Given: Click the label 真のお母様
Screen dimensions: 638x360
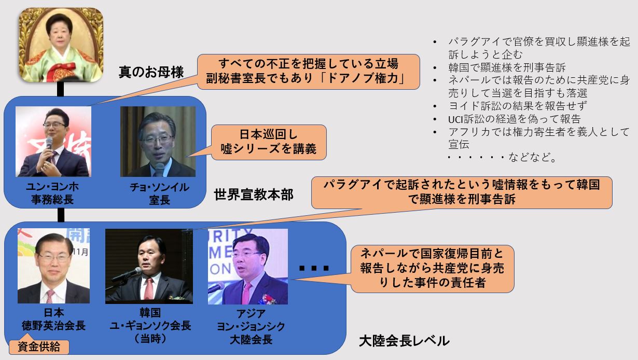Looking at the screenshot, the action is click(x=151, y=72).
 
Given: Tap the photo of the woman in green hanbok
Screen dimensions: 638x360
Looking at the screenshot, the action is click(x=61, y=45).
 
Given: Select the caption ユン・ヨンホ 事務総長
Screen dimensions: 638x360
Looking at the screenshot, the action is click(x=52, y=193).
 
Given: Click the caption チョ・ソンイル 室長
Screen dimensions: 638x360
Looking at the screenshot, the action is click(x=159, y=193).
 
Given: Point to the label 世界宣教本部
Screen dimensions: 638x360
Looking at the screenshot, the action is click(x=254, y=195).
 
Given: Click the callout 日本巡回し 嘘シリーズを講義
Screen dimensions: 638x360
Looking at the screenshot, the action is click(x=269, y=142).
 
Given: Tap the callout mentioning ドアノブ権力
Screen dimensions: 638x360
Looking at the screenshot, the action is click(x=309, y=72).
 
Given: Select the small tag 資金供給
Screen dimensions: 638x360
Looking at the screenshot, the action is click(x=39, y=347).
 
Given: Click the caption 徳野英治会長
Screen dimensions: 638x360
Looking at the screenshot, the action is click(x=53, y=326).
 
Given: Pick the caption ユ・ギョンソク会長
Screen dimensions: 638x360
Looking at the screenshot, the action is click(x=150, y=326).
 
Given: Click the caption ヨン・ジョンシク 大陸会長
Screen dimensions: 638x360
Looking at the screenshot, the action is click(x=251, y=333).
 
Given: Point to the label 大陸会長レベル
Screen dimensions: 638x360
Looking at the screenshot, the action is click(x=404, y=341).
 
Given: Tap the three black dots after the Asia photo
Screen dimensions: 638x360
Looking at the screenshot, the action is click(x=314, y=268).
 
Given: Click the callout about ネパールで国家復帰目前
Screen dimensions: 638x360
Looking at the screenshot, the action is click(x=432, y=269).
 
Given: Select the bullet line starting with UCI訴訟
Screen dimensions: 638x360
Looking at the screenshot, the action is click(x=514, y=119).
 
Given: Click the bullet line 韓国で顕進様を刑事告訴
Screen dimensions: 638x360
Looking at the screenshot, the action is click(x=507, y=67).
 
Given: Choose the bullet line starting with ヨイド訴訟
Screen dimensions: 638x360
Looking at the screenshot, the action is click(x=517, y=106).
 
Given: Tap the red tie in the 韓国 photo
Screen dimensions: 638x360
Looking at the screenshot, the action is click(x=148, y=288).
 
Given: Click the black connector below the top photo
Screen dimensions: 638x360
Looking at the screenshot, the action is click(x=60, y=89).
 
